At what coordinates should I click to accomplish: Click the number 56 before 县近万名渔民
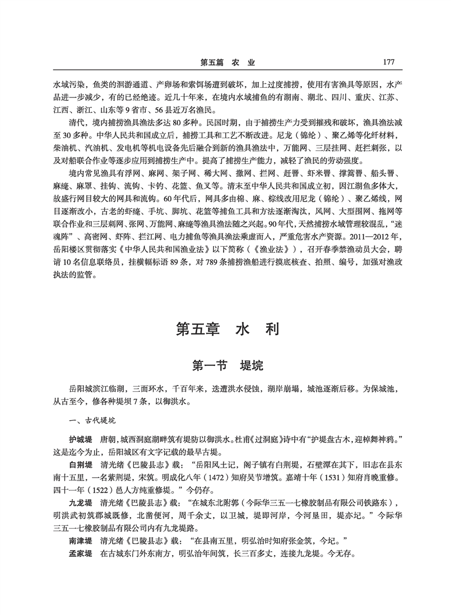click(153, 109)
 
